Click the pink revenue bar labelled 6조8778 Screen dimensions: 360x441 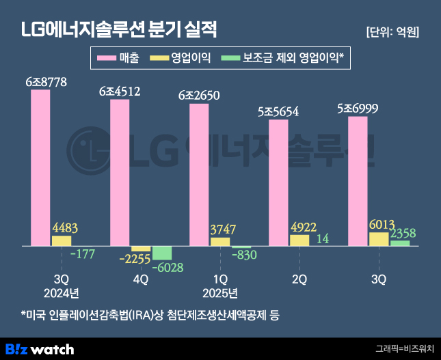click(40, 167)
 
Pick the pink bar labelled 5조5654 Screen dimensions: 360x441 click(278, 182)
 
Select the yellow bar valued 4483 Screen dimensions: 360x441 click(62, 240)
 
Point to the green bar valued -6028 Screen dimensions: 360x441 click(162, 253)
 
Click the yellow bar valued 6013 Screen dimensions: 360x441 click(379, 238)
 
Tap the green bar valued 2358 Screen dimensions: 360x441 click(400, 243)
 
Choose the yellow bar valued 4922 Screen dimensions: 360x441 click(299, 240)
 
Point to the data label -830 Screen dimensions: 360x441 click(244, 255)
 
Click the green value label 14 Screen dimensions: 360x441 click(323, 238)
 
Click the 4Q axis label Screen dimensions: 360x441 click(140, 279)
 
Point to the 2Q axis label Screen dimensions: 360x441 click(299, 279)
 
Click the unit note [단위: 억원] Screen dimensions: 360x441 click(392, 32)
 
